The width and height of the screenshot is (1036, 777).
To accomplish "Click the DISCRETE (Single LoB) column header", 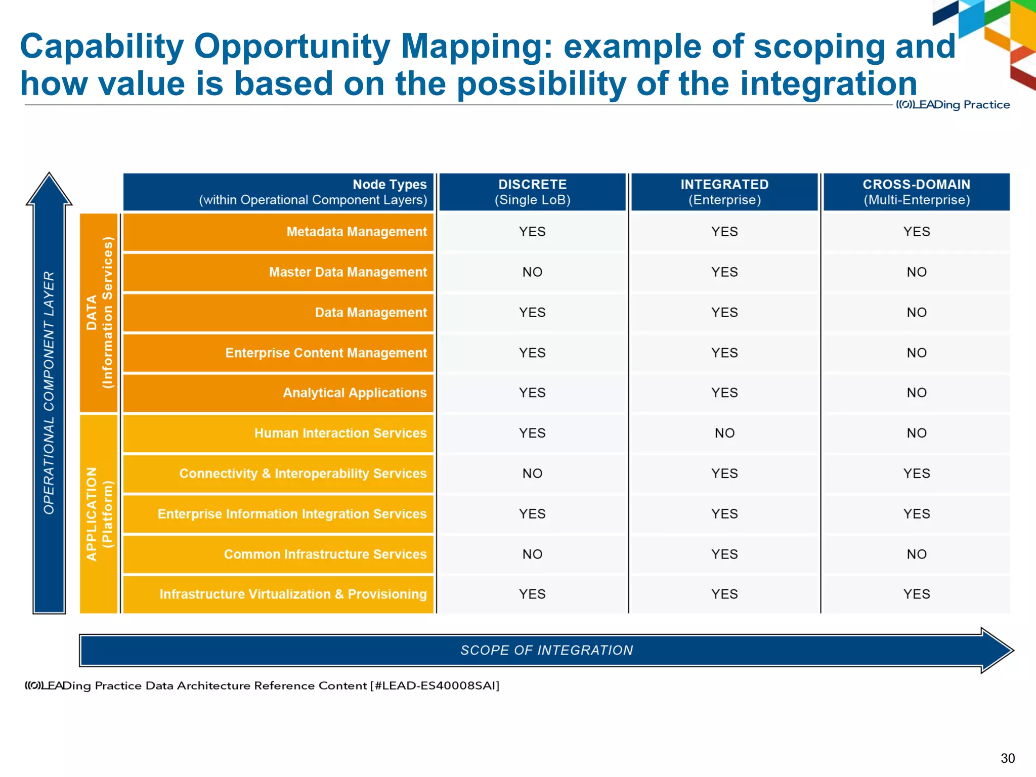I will tap(532, 192).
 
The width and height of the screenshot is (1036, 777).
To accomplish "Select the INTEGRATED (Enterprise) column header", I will tap(724, 192).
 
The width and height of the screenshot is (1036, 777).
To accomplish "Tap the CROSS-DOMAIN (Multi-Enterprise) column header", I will tap(916, 192).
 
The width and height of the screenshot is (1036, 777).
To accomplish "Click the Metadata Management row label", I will tap(356, 232).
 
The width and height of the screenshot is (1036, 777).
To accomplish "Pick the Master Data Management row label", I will tap(348, 272).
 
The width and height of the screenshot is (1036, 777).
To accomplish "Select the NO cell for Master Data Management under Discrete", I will tap(532, 272).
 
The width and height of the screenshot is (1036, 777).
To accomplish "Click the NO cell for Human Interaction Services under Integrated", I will tap(724, 433).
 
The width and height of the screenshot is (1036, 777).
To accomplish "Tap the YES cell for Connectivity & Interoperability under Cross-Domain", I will tap(916, 473).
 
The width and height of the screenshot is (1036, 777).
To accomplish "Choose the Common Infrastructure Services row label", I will tap(325, 554).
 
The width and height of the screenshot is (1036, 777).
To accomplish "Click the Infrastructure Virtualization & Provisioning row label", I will tap(293, 594).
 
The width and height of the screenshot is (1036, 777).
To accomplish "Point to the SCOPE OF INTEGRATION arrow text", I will tap(546, 651).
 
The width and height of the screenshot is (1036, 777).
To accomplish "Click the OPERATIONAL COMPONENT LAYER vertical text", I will tap(49, 393).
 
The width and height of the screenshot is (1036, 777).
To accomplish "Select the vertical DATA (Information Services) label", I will tap(99, 313).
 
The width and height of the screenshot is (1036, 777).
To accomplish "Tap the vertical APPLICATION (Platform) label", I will tap(99, 514).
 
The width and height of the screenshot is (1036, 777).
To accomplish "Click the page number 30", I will tap(1007, 758).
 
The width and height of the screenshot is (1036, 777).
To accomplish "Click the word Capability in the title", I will tap(101, 47).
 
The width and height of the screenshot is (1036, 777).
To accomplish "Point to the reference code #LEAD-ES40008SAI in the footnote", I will tap(435, 686).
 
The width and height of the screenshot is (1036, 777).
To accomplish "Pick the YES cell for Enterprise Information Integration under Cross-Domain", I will tap(916, 514).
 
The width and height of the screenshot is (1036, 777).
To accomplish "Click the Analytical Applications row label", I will tap(354, 393).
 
